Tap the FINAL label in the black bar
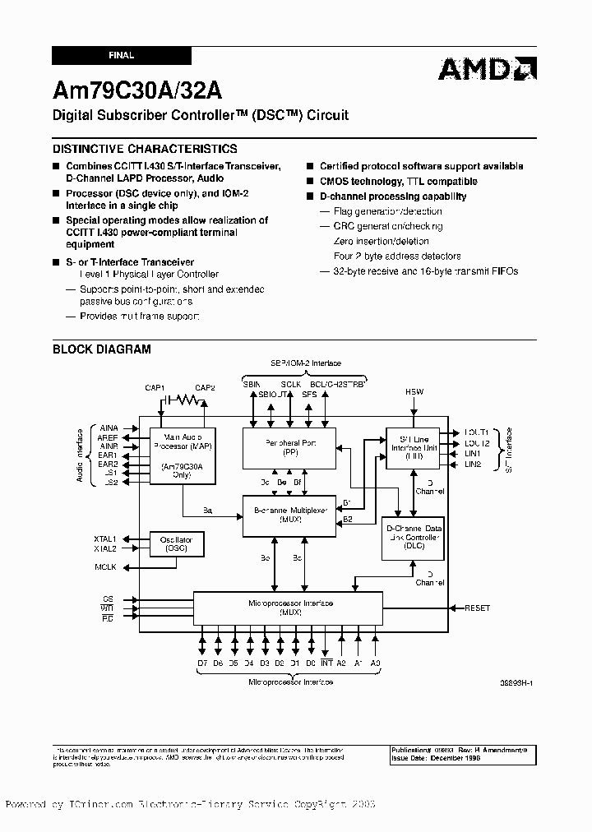pyautogui.click(x=121, y=56)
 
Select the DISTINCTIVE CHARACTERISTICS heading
pyautogui.click(x=145, y=149)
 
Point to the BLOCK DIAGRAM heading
pyautogui.click(x=102, y=349)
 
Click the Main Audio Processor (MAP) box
pyautogui.click(x=183, y=455)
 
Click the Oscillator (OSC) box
pyautogui.click(x=176, y=543)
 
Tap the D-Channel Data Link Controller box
pyautogui.click(x=413, y=538)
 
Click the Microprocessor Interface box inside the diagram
pyautogui.click(x=289, y=608)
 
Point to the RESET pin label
pyautogui.click(x=477, y=608)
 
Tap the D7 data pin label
pyautogui.click(x=202, y=662)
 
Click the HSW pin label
pyautogui.click(x=414, y=392)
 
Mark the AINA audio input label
pyautogui.click(x=109, y=428)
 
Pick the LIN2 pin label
pyautogui.click(x=472, y=465)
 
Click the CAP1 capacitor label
pyautogui.click(x=155, y=387)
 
